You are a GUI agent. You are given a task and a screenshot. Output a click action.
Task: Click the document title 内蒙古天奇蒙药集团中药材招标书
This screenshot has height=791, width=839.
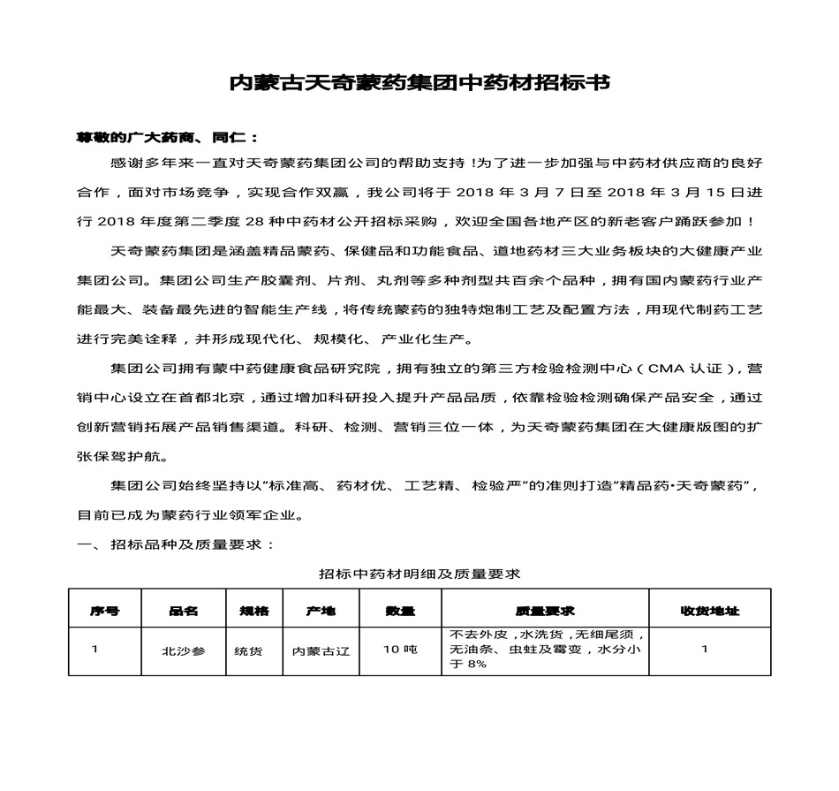[419, 84]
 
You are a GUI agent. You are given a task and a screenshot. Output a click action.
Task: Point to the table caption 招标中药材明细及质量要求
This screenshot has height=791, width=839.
[419, 574]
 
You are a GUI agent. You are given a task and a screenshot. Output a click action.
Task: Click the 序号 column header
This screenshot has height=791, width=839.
[103, 611]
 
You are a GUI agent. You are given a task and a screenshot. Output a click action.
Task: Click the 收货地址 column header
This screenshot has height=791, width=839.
[709, 611]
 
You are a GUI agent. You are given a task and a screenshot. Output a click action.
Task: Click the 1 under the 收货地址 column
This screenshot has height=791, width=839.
[705, 650]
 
